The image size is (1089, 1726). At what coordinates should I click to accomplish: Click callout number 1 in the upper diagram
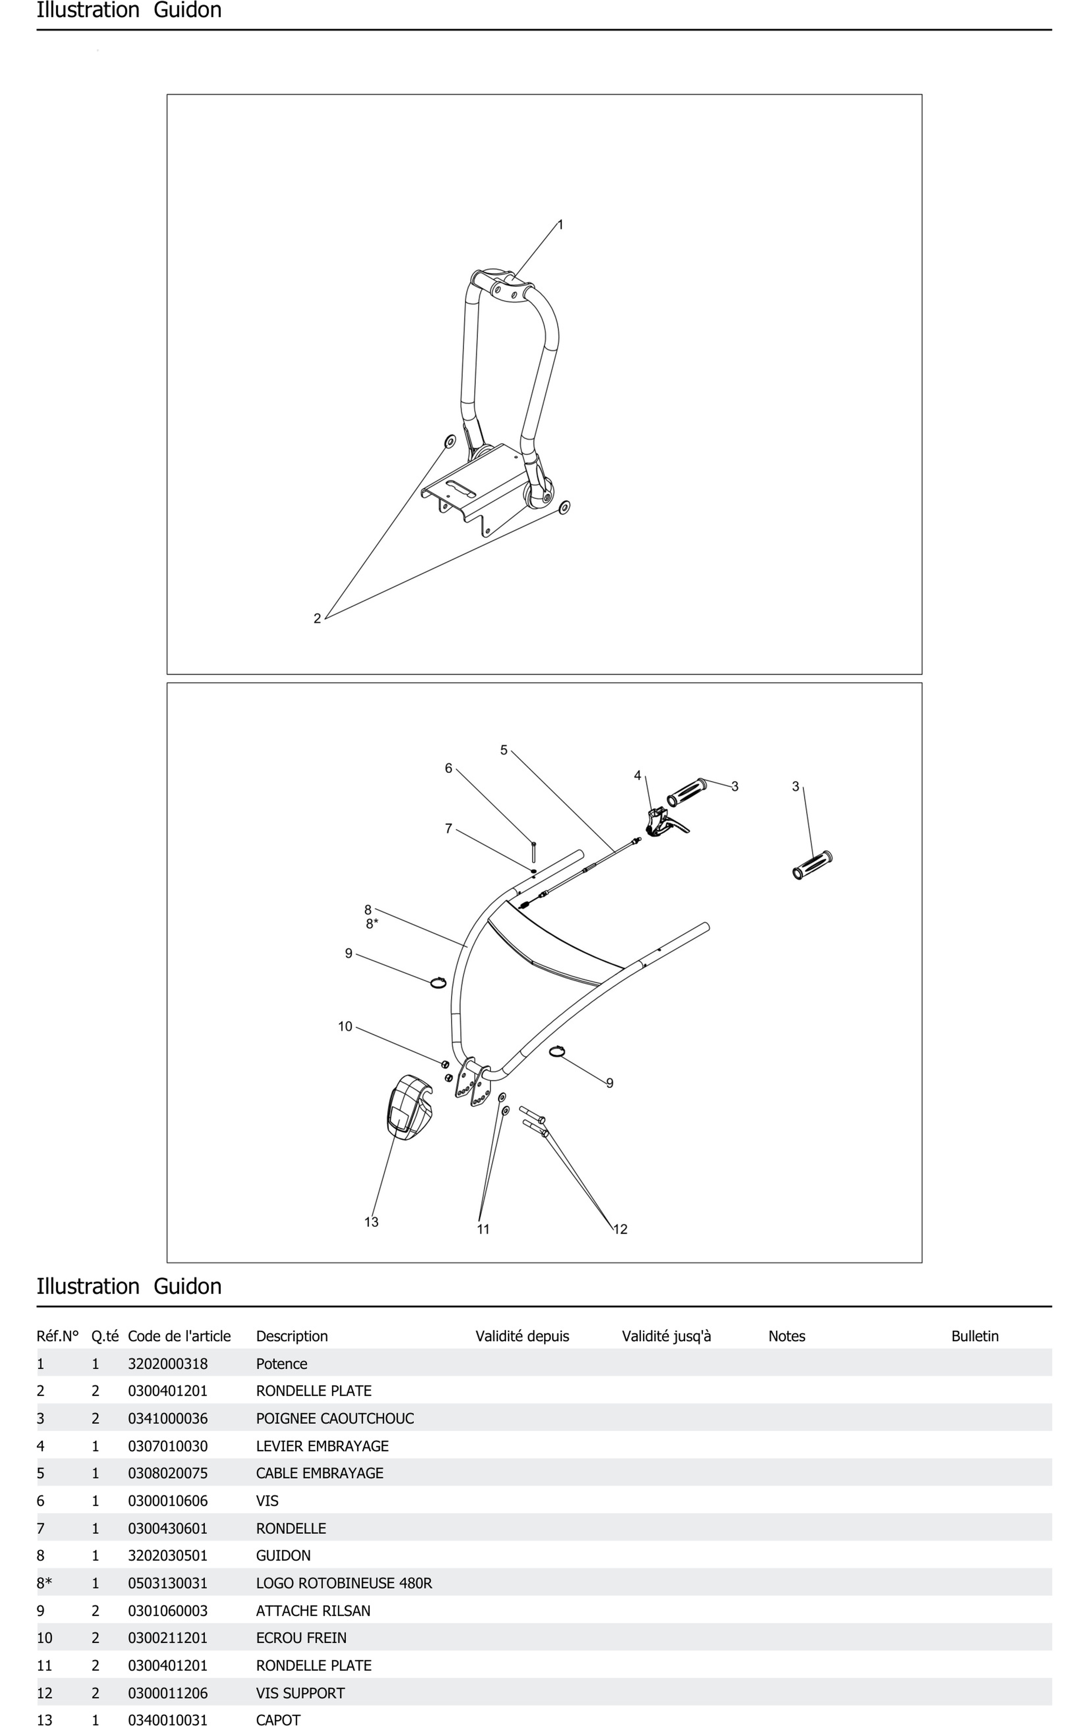click(x=560, y=225)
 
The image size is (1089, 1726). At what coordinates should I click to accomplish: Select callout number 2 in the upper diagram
click(x=317, y=619)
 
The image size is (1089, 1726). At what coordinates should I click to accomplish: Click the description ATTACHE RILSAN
click(x=313, y=1611)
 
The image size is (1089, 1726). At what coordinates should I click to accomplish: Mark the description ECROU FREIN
click(x=301, y=1638)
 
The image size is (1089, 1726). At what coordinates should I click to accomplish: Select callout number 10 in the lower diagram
click(x=345, y=1026)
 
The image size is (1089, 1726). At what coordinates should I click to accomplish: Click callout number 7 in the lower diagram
click(x=449, y=829)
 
